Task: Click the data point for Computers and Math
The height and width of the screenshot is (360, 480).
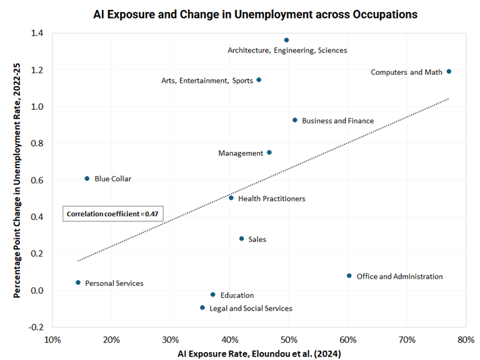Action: [449, 71]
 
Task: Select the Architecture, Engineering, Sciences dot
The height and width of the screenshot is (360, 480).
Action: [287, 40]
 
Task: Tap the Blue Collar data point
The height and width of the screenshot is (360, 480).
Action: [87, 179]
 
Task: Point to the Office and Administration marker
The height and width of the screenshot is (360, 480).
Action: [349, 276]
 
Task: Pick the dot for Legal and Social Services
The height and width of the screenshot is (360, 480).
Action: [202, 308]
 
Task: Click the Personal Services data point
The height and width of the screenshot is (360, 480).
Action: [78, 283]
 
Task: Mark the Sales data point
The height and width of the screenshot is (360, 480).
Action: [241, 239]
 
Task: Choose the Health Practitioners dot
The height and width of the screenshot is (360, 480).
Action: [231, 198]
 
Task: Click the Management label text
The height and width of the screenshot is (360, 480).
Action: [241, 153]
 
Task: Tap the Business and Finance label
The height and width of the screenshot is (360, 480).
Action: [337, 121]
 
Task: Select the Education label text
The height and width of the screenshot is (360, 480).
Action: [237, 295]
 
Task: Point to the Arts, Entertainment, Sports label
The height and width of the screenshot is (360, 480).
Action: [207, 81]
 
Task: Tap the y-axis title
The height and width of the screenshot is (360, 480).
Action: [18, 180]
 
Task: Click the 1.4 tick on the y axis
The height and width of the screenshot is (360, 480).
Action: [39, 33]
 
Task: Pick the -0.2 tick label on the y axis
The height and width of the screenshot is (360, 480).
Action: [38, 327]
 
